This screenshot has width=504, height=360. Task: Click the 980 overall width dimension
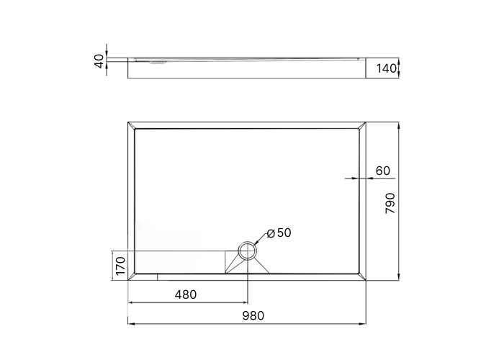click(x=253, y=315)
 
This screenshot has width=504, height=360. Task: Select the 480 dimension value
click(x=186, y=294)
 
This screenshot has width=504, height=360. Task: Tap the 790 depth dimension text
click(x=390, y=203)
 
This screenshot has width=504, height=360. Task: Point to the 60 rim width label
click(x=382, y=171)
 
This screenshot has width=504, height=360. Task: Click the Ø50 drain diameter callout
click(x=279, y=233)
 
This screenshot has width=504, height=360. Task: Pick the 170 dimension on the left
click(x=120, y=266)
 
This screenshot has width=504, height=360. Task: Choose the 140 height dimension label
click(x=386, y=68)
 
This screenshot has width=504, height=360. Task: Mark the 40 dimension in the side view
click(x=99, y=61)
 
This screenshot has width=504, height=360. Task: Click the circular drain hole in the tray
click(x=248, y=251)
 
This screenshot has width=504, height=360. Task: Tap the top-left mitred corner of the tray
click(x=132, y=125)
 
